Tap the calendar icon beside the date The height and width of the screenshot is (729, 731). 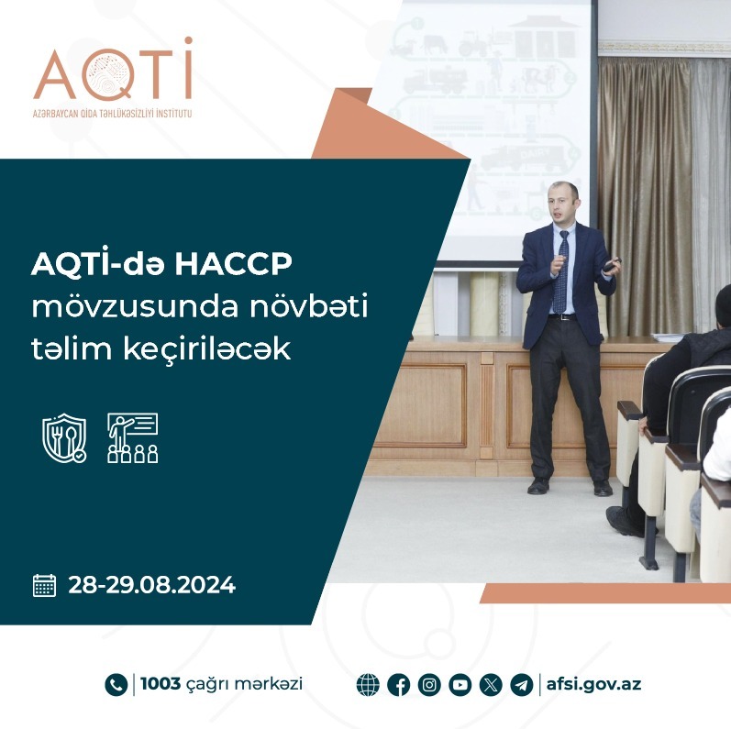(x=44, y=585)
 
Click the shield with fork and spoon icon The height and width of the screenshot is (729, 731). (x=64, y=437)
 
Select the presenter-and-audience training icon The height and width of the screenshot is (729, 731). (x=133, y=437)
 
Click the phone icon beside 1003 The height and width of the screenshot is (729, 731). (x=116, y=684)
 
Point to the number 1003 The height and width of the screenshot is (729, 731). (x=159, y=684)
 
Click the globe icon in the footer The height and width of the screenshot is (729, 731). (x=368, y=685)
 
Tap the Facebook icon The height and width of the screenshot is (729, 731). (x=399, y=685)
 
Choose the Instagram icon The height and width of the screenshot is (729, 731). (x=429, y=685)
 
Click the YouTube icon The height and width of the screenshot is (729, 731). (x=460, y=685)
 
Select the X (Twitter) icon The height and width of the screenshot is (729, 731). (x=491, y=685)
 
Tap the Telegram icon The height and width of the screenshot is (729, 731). (x=521, y=685)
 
